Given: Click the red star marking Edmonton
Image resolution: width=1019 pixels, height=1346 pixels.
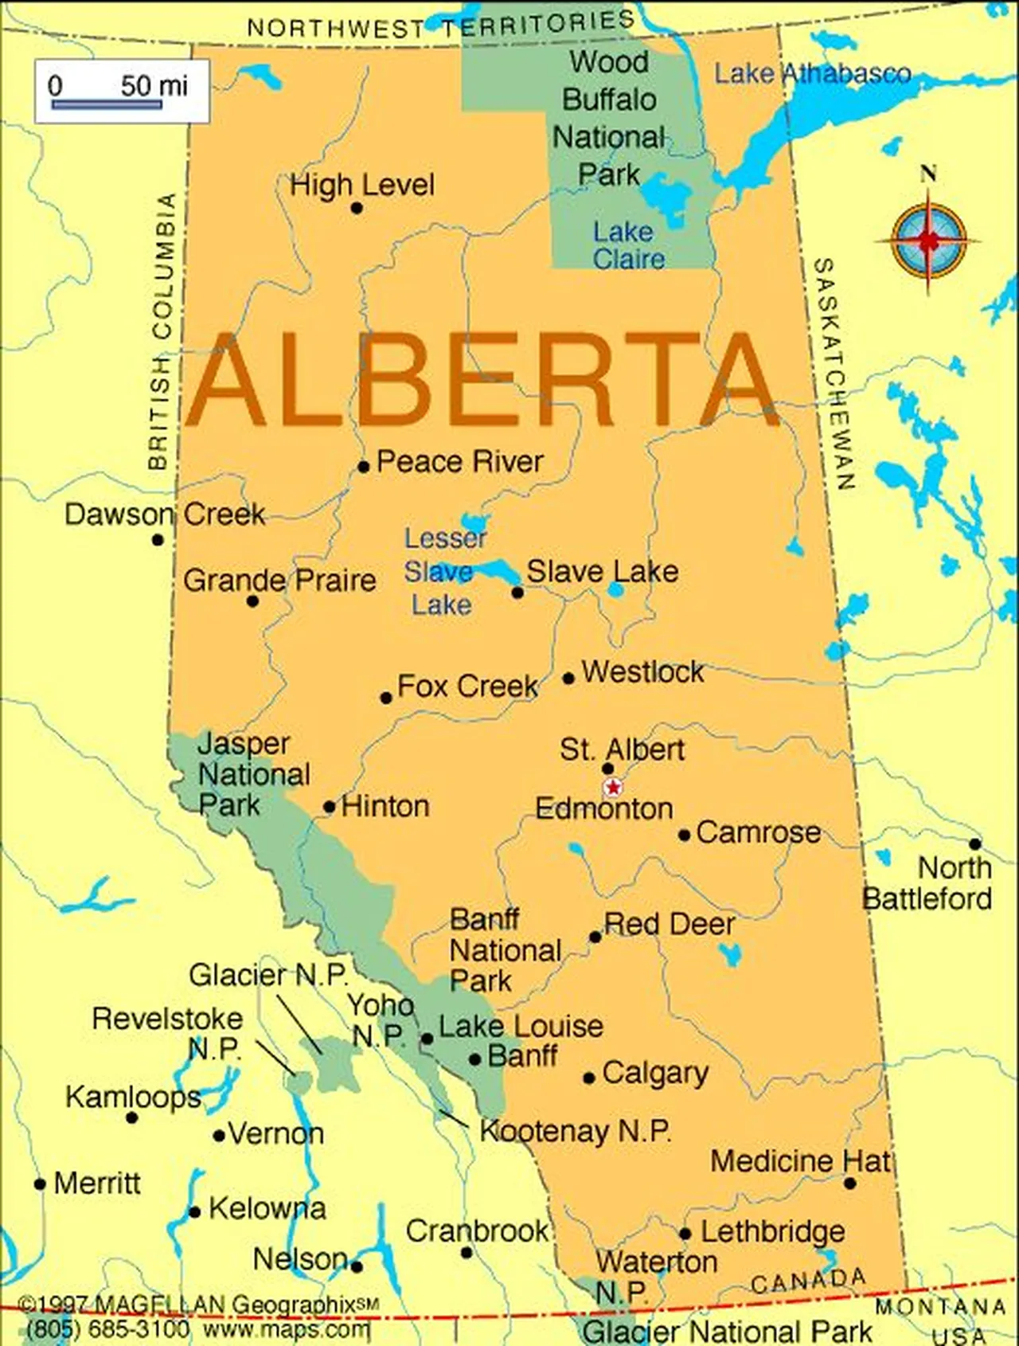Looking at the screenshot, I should click(612, 788).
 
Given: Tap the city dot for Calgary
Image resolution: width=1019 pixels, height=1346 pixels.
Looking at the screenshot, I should click(589, 1078).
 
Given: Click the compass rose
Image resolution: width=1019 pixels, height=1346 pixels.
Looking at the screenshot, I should click(928, 239).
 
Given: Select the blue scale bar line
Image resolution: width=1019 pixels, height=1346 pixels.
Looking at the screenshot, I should click(107, 104).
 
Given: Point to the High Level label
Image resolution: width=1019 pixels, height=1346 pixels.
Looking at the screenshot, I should click(362, 186).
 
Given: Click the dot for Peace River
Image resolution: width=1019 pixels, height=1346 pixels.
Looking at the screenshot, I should click(363, 467).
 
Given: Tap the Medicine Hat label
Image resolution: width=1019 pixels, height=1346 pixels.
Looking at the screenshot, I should click(800, 1160).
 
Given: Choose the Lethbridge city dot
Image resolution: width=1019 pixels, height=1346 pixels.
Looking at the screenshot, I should click(685, 1234).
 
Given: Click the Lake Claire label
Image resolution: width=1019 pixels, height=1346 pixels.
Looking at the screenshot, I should click(627, 245).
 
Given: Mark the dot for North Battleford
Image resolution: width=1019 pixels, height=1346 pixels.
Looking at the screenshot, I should click(975, 843).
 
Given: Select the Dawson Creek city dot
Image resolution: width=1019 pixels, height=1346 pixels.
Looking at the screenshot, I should click(158, 540).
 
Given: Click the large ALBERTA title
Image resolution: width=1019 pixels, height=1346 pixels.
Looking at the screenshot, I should click(482, 381).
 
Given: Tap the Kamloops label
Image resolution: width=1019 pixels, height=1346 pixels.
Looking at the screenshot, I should click(133, 1097).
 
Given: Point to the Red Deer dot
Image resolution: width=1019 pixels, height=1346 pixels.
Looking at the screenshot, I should click(595, 937).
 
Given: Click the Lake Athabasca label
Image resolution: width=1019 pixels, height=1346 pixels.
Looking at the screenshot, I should click(812, 74).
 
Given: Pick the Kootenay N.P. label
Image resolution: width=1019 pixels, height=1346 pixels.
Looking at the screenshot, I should click(576, 1131).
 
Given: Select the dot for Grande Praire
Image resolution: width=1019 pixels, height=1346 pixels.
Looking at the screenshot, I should click(252, 601).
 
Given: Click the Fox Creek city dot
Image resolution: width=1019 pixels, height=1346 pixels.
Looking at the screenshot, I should click(386, 698).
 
